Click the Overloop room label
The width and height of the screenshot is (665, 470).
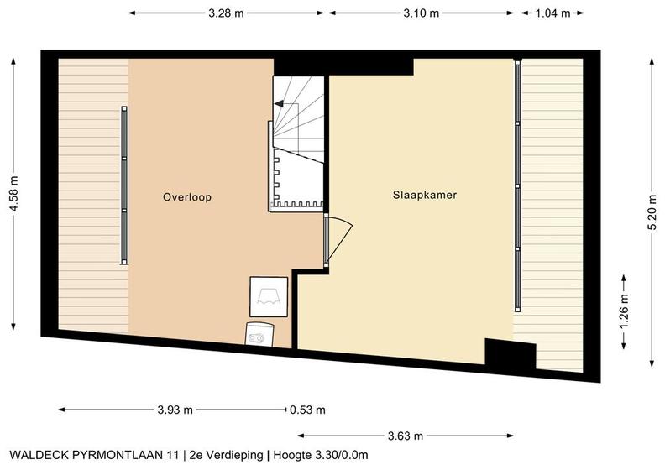(x=187, y=197)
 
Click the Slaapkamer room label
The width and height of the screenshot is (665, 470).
(x=425, y=195)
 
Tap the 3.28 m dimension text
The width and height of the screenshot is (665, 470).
(x=226, y=13)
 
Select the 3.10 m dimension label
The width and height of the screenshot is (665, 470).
(x=422, y=13)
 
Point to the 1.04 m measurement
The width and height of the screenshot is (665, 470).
(x=552, y=13)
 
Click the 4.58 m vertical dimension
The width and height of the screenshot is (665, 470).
(x=14, y=194)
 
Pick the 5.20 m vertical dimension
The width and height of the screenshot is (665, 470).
(x=652, y=212)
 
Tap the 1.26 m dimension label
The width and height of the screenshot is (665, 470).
(x=623, y=311)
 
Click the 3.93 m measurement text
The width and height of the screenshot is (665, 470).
(x=175, y=410)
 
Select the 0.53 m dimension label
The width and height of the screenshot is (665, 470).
(x=307, y=410)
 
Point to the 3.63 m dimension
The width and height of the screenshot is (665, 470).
(x=406, y=436)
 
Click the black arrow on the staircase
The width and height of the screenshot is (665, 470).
(x=279, y=103)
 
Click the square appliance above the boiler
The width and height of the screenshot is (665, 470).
(x=269, y=296)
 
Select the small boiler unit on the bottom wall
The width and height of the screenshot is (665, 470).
(x=259, y=334)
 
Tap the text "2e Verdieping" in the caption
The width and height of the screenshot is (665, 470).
(x=227, y=455)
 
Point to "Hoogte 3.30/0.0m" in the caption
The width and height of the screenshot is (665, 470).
(x=321, y=455)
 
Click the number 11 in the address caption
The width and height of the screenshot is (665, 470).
(x=173, y=455)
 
